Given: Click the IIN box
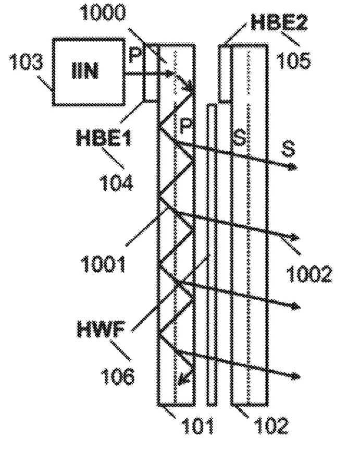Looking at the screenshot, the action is [x=89, y=72].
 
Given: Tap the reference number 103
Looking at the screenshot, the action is [x=26, y=62].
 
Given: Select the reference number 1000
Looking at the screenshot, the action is [x=103, y=13].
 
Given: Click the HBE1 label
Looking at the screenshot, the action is [x=103, y=138].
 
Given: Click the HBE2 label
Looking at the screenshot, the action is [x=279, y=22].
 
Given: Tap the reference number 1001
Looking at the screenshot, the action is [x=103, y=264].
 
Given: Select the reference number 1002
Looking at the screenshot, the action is [x=309, y=274].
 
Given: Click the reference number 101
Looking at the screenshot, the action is [x=197, y=425].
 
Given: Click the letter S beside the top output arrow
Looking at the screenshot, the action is [x=288, y=149].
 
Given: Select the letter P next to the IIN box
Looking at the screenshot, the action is [x=135, y=55].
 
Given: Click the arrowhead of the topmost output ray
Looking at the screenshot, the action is [x=293, y=167].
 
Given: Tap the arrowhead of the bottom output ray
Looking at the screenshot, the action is [x=295, y=376].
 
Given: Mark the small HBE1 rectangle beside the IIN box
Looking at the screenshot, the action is [x=151, y=73].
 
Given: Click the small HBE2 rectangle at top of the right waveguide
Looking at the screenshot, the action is [x=225, y=74].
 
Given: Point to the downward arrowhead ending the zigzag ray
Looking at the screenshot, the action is [x=184, y=380].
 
